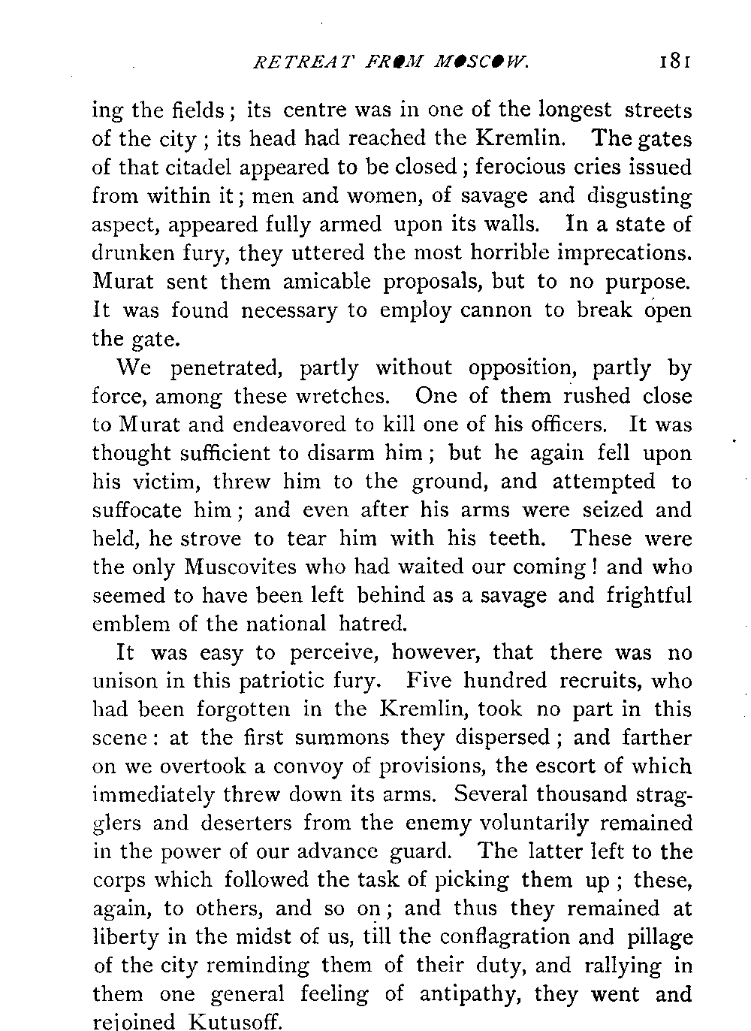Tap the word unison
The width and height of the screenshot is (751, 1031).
pos(125,681)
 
